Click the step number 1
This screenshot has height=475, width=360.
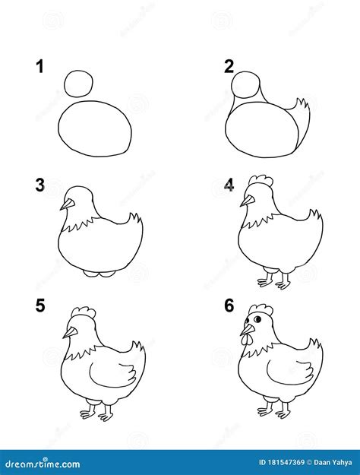click(39, 67)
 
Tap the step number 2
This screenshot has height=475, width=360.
click(229, 67)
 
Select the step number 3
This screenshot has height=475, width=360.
click(39, 185)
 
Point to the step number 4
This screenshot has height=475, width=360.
click(229, 185)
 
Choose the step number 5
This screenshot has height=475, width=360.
click(39, 306)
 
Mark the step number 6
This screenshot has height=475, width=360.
click(229, 306)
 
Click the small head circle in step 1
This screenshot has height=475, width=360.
click(80, 83)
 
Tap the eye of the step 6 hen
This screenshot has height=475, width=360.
click(256, 320)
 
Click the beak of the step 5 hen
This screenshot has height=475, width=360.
click(70, 331)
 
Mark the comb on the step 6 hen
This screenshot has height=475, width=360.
click(260, 309)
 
